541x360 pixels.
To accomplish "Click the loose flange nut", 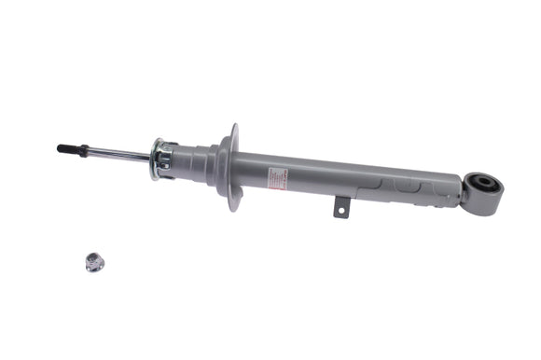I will coord(94,262).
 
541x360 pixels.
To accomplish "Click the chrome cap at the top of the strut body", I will coord(162,158).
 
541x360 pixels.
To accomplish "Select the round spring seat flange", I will coord(227,166).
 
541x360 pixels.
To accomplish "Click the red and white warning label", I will coord(279,178).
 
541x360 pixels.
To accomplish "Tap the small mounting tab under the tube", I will coord(340,208).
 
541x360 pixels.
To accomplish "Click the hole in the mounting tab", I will coord(341,212).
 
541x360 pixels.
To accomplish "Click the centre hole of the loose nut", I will coord(94,261).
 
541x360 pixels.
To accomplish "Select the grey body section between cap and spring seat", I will coord(193,160).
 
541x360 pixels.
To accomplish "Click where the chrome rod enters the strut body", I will coord(152,156).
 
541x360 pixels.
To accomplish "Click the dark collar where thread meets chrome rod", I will coord(85,149).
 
